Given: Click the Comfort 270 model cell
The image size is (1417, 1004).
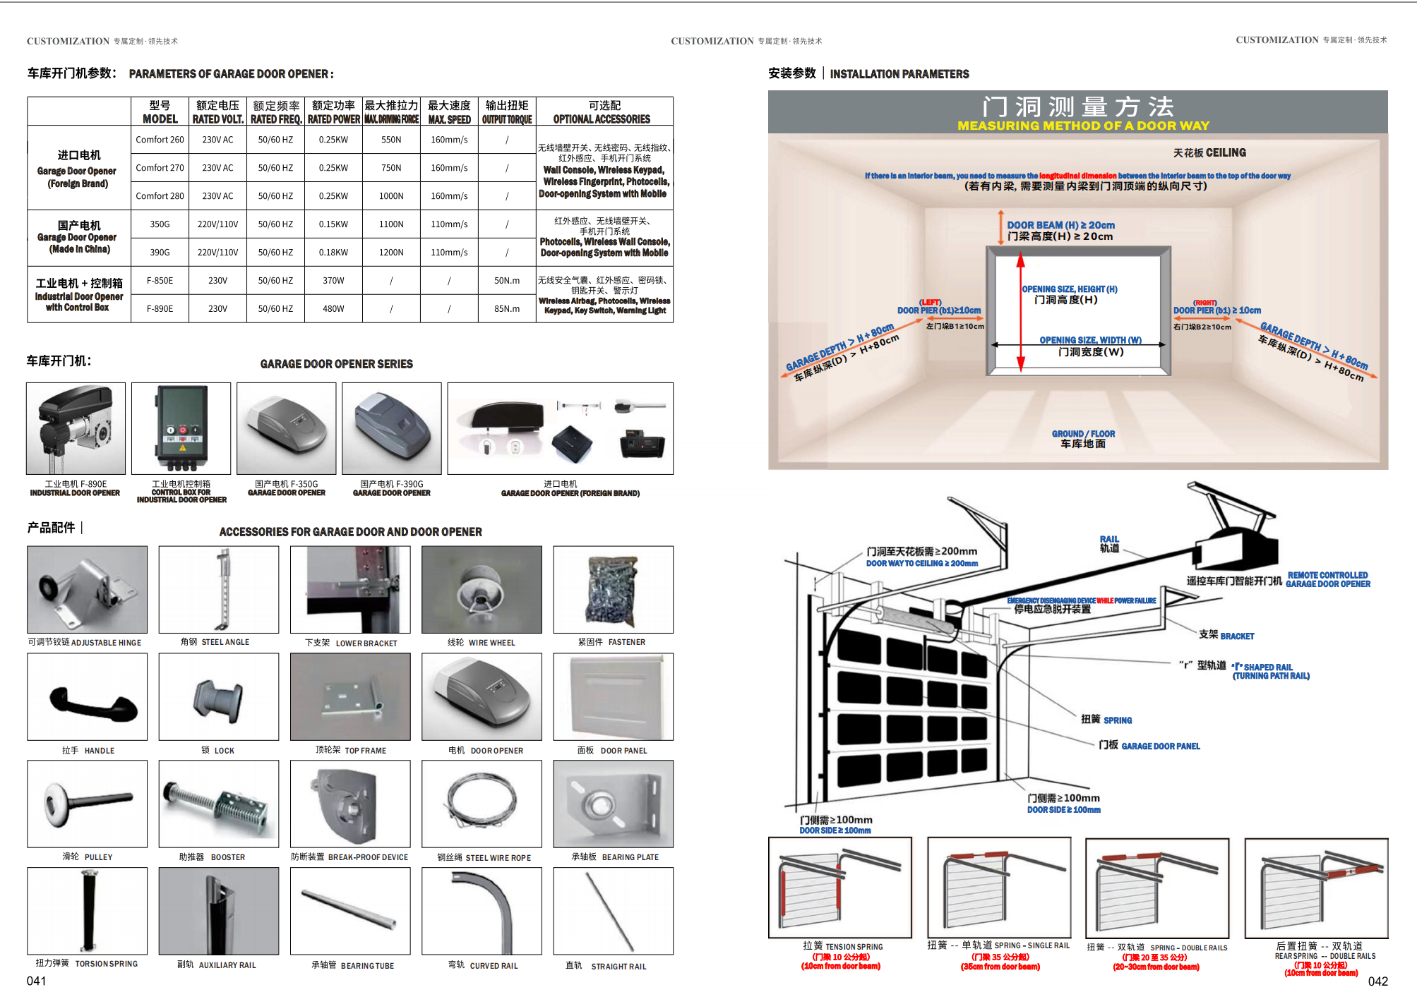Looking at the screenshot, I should [160, 168].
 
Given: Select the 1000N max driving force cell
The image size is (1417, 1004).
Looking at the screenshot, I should [391, 196].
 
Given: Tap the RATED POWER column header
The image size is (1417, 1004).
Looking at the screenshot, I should [333, 113].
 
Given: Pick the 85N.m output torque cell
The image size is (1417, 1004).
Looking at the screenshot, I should [507, 309].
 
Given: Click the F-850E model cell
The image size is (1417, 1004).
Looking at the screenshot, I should [160, 281].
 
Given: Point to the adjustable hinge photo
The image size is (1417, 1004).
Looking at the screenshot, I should [88, 590].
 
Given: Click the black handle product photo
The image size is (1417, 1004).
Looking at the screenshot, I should [88, 697].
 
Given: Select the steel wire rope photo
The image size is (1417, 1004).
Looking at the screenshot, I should [482, 804].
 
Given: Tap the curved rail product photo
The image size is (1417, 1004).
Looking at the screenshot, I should [482, 911].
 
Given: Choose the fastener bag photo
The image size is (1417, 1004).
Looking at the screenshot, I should [613, 590].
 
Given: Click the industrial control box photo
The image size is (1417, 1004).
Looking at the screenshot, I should [181, 428].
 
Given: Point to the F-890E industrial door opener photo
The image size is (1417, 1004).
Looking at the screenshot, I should [76, 428].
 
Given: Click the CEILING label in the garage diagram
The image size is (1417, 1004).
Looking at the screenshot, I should [1209, 153].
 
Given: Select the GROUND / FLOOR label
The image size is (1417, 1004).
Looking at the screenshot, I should [1083, 439].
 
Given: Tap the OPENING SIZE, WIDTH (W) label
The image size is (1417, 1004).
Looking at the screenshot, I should [1090, 340].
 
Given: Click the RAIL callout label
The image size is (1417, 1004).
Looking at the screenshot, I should [1109, 543].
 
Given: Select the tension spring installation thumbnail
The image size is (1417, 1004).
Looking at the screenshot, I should [840, 888].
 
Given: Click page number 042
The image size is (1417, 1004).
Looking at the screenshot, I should [1377, 981].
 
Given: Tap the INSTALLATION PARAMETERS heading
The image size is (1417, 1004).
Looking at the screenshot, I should [899, 74].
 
